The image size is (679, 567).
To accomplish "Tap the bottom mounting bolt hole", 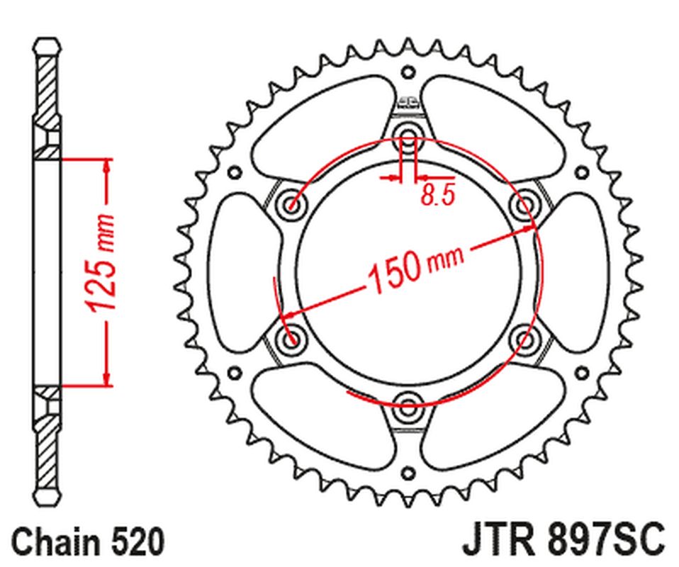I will pyautogui.click(x=408, y=406).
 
